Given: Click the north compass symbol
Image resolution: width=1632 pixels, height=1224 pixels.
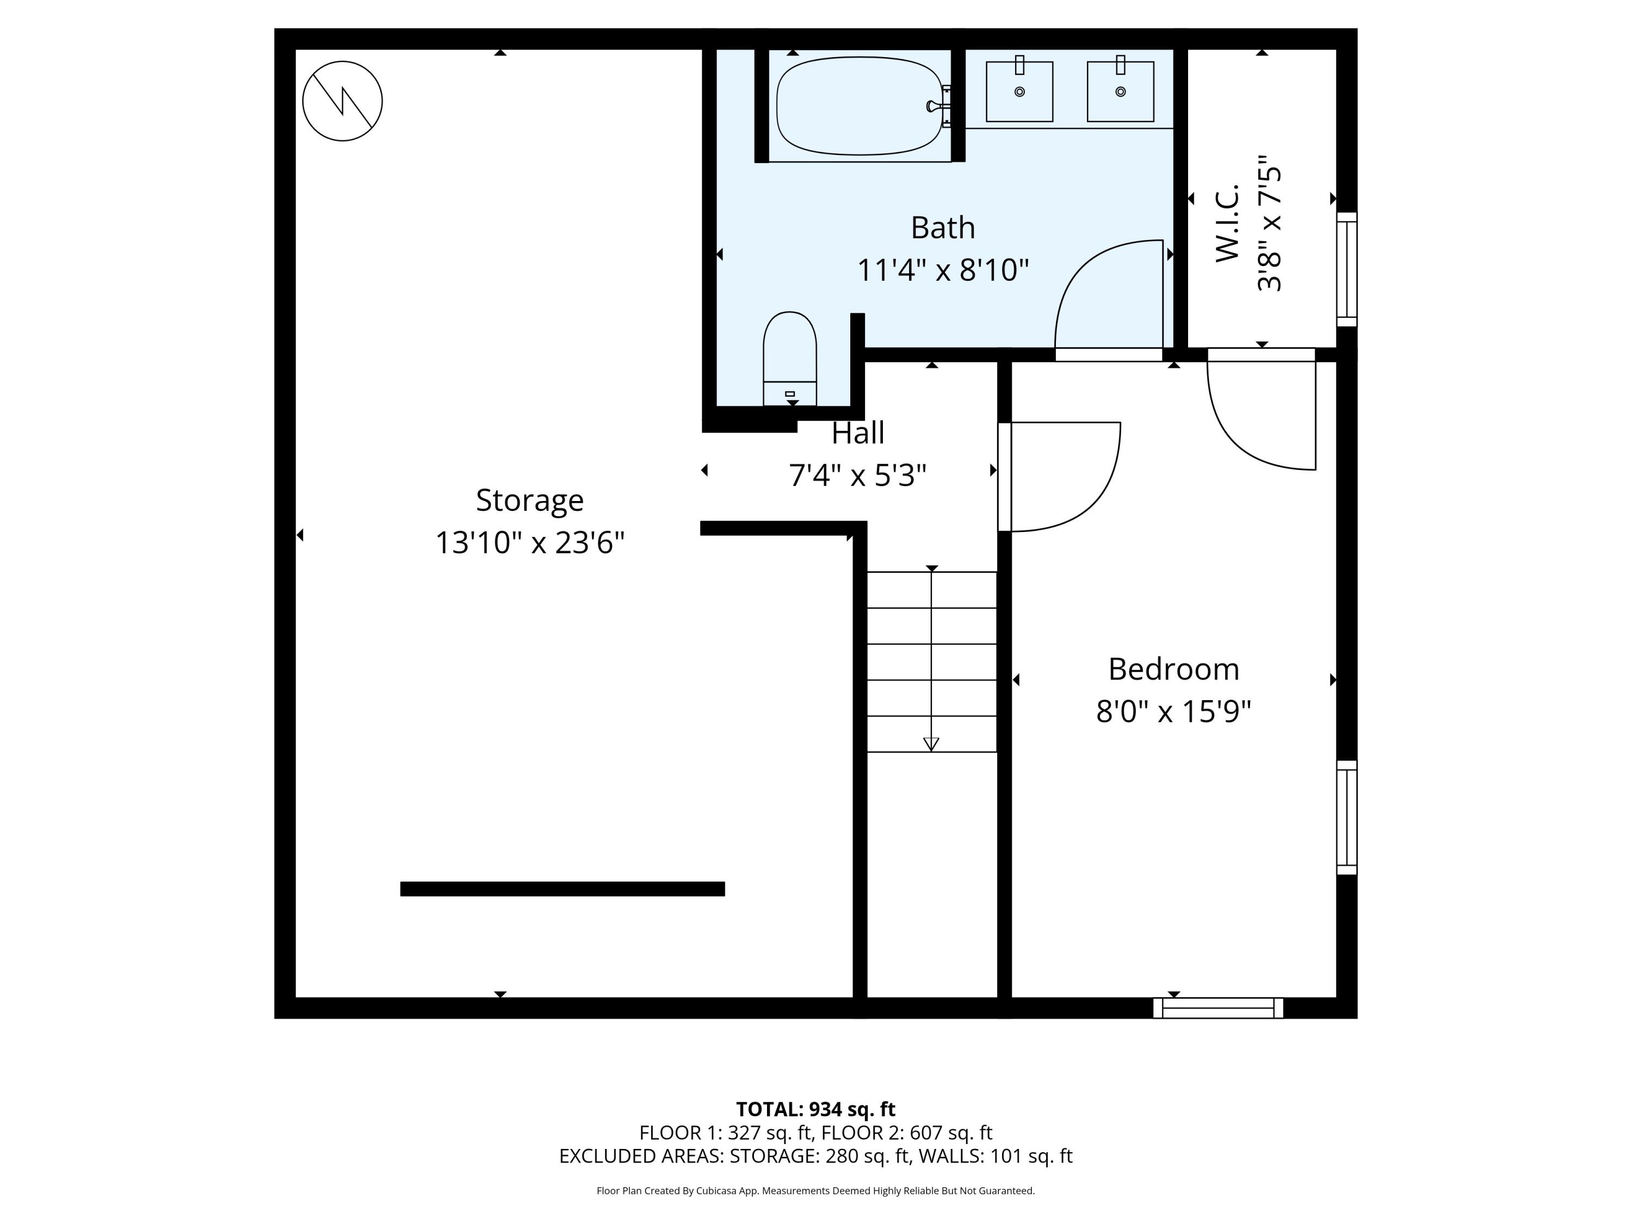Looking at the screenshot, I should (x=342, y=101).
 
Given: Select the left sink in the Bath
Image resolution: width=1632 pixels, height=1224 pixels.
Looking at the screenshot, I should (x=1019, y=91).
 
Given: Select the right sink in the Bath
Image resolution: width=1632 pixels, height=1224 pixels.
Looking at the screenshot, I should (x=1120, y=91).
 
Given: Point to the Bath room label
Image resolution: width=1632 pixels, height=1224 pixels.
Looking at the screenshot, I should (x=942, y=227).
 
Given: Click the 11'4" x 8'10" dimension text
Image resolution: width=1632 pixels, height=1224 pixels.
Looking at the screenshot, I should (x=942, y=270).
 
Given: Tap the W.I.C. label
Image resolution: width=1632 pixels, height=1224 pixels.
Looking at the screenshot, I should (x=1227, y=224).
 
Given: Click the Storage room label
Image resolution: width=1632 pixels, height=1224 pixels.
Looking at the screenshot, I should (x=530, y=500).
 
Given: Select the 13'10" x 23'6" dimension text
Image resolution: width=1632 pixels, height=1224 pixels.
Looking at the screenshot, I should (x=530, y=543).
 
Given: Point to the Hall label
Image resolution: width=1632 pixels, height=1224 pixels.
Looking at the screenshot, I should (x=857, y=433).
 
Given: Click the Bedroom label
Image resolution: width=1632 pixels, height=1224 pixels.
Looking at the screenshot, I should (x=1173, y=669).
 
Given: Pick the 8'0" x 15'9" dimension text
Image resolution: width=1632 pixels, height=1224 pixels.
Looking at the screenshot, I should (x=1173, y=712).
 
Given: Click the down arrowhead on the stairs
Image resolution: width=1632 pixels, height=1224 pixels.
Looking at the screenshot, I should (x=931, y=744).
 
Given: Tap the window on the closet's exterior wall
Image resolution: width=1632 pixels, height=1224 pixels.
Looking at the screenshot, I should (x=1346, y=269).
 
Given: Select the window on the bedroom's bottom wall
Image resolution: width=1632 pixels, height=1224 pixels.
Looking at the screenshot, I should (x=1217, y=1008).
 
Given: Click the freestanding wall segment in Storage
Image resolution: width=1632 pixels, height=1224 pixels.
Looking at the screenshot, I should (x=562, y=888).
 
